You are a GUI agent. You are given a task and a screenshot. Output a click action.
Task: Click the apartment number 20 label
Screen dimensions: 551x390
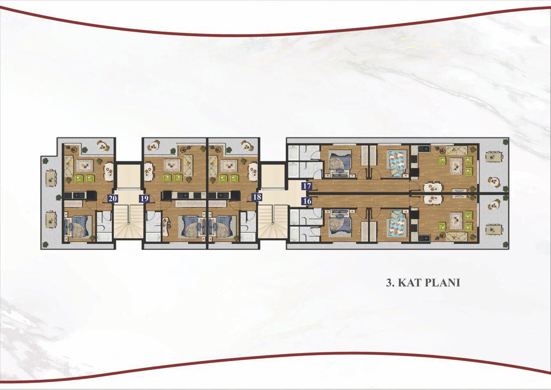112,198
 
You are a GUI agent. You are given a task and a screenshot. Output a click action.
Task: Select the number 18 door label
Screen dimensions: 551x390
257,197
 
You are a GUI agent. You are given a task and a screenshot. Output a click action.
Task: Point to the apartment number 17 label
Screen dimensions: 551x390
307,186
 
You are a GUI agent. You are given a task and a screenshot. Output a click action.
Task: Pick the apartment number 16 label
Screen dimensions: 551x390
307,201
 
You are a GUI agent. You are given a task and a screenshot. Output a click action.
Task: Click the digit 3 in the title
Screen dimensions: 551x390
388,283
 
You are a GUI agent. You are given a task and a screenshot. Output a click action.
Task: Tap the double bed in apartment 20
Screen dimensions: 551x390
77,226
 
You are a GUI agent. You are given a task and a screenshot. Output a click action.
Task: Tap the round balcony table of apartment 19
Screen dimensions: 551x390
153,145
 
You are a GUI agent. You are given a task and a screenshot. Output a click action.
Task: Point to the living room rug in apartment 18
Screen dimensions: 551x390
228,165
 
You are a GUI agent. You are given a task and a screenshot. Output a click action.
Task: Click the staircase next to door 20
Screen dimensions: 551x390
128,221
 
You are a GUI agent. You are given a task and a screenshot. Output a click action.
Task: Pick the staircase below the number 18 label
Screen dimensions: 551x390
273,221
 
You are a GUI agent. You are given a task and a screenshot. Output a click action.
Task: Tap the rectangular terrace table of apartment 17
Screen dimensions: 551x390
494,156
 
